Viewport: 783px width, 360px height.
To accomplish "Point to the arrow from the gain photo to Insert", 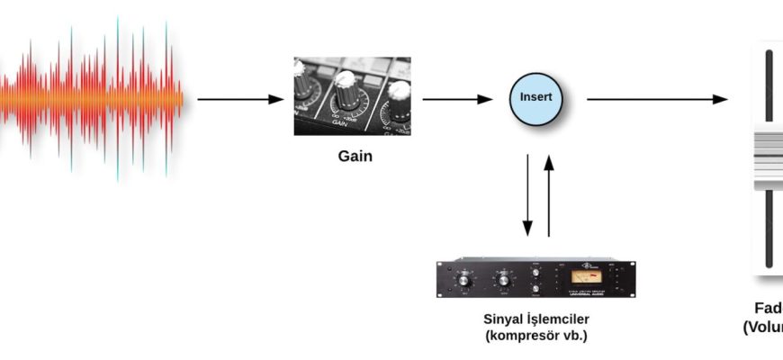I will (x=458, y=99).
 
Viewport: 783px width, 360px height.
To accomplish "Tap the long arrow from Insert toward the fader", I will (x=657, y=99).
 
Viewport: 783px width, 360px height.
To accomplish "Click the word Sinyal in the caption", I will (x=505, y=319).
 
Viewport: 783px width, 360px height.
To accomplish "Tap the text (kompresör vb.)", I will (x=535, y=336).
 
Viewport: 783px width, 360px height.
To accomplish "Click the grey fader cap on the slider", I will (x=768, y=159).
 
